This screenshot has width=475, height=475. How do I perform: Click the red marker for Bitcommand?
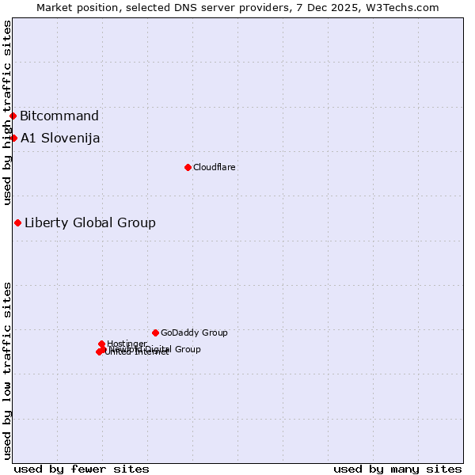click(x=13, y=116)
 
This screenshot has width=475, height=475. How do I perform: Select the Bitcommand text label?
click(x=59, y=116)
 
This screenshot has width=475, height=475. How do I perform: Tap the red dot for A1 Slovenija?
click(x=13, y=139)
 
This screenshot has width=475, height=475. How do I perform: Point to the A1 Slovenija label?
click(x=60, y=139)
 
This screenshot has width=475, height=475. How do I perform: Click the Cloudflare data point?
click(x=188, y=167)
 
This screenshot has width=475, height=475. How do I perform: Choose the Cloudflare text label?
click(x=214, y=167)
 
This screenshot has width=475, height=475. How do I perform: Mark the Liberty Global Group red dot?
click(x=17, y=222)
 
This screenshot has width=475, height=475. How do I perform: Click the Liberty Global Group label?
click(x=89, y=222)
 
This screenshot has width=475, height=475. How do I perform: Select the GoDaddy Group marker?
click(x=155, y=332)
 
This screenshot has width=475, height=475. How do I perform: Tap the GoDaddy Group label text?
click(x=194, y=332)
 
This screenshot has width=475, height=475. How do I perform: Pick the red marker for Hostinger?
click(x=102, y=344)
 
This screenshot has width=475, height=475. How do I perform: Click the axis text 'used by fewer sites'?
click(x=82, y=469)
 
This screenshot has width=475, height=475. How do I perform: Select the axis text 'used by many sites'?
click(x=397, y=469)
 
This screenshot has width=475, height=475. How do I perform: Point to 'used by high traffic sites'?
click(x=8, y=112)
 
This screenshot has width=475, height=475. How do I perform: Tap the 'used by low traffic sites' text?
click(x=8, y=370)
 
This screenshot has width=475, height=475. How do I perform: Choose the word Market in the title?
click(x=55, y=7)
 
